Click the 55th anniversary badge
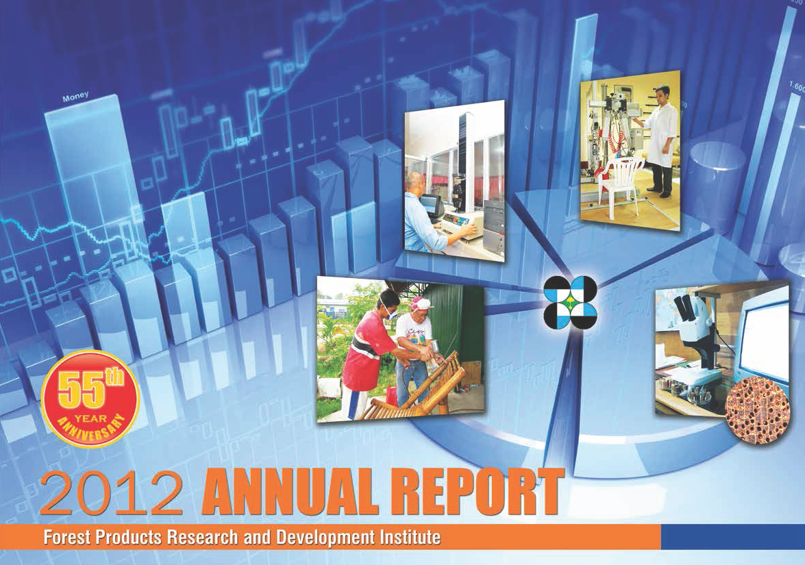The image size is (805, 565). tap(90, 398)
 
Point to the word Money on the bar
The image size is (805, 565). tap(75, 96)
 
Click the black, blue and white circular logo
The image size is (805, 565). tap(571, 302)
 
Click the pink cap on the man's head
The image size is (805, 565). tap(421, 303)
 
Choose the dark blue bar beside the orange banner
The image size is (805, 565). tap(732, 537)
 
